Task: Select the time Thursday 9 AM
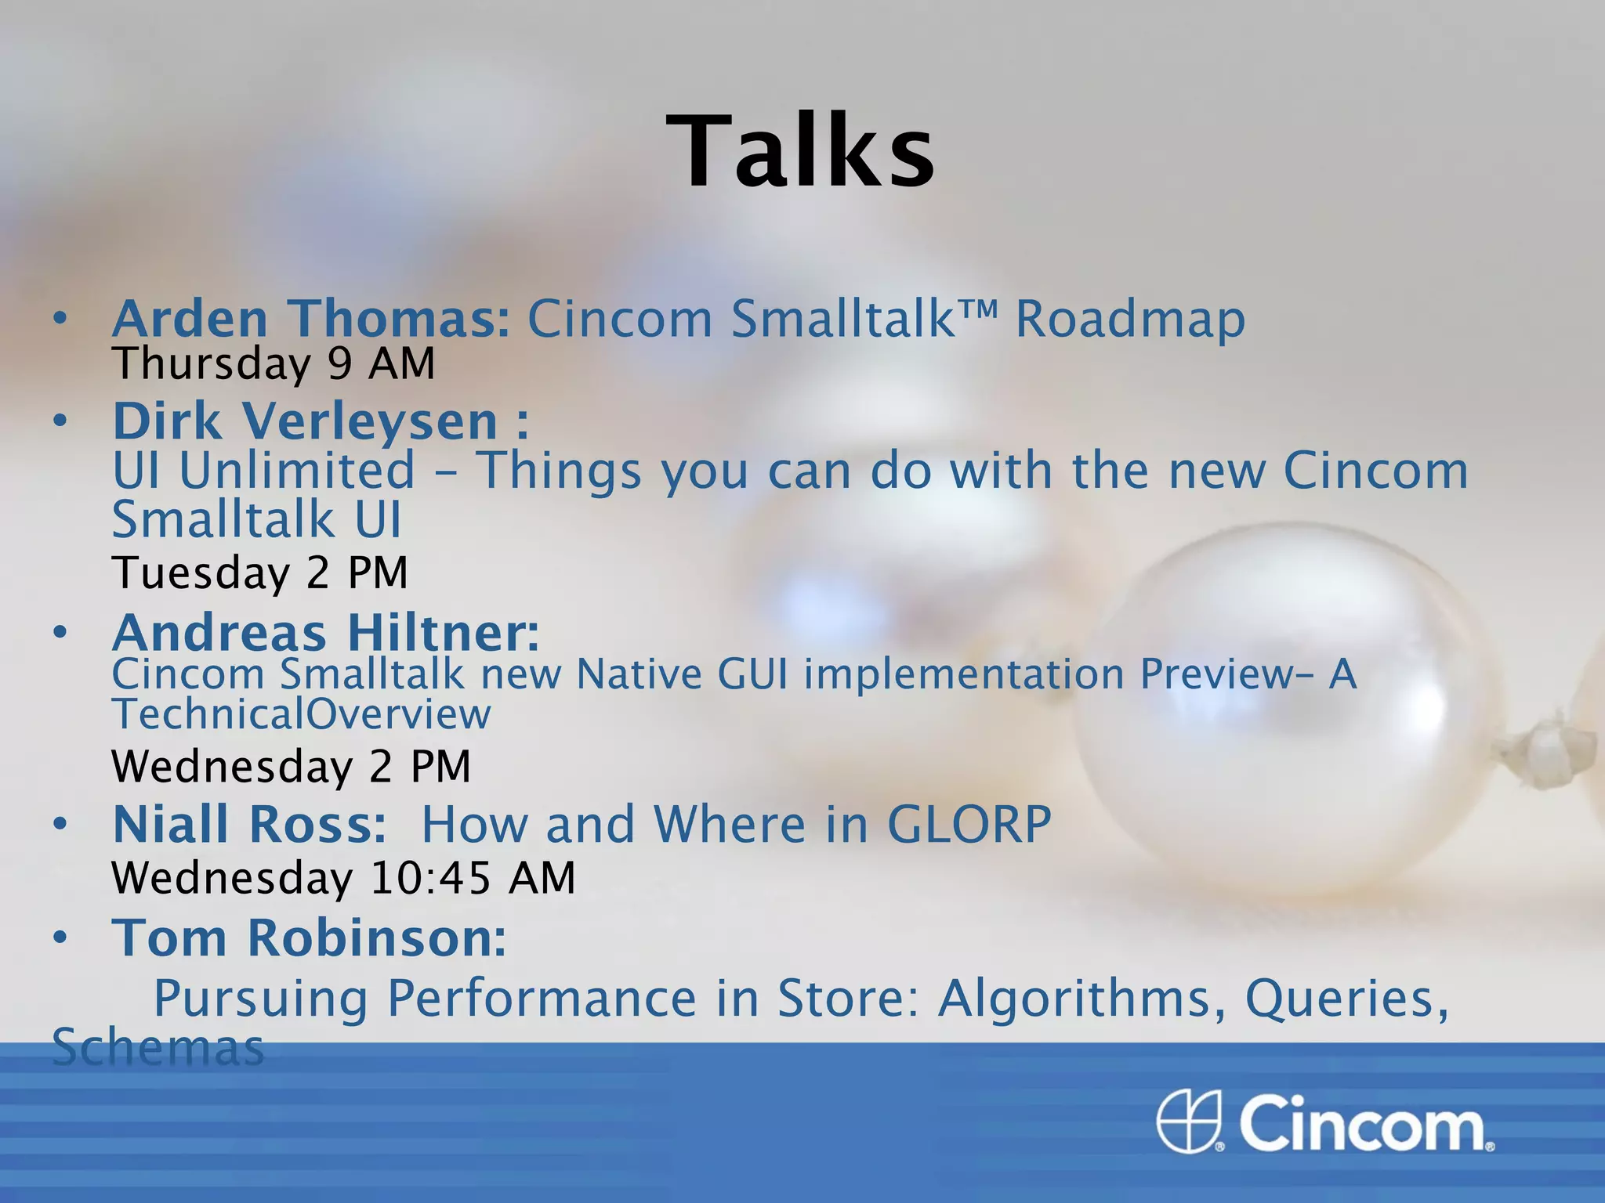[273, 364]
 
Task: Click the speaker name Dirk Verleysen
[306, 421]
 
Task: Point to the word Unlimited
[296, 471]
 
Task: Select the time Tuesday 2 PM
[259, 573]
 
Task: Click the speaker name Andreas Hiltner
[325, 633]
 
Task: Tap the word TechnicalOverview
[301, 713]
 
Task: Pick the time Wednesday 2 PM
[291, 766]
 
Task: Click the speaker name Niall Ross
[249, 824]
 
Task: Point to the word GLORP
[969, 824]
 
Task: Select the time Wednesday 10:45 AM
[343, 877]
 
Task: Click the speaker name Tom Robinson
[309, 937]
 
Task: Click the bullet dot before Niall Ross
[60, 824]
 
